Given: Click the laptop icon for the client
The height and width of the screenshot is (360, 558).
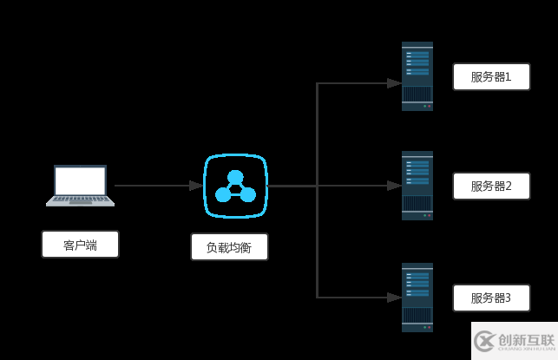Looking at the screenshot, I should pyautogui.click(x=81, y=185).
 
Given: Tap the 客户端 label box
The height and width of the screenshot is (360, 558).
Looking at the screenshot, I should pyautogui.click(x=80, y=245).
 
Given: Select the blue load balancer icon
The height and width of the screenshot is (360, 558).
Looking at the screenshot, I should pyautogui.click(x=235, y=186).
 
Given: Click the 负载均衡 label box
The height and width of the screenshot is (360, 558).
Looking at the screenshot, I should pyautogui.click(x=230, y=247).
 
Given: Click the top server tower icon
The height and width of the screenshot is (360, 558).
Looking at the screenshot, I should pyautogui.click(x=417, y=76).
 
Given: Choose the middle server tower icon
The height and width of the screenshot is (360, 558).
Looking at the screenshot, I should pyautogui.click(x=417, y=186).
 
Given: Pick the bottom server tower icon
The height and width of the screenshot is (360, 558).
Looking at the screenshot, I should pyautogui.click(x=417, y=297).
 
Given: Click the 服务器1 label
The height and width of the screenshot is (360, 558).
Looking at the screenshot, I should pyautogui.click(x=491, y=76).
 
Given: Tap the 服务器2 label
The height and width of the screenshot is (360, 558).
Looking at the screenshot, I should pyautogui.click(x=491, y=186).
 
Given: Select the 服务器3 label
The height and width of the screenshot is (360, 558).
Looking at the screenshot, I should pyautogui.click(x=491, y=298).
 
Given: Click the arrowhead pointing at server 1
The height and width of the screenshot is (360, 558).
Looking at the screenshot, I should pyautogui.click(x=394, y=83).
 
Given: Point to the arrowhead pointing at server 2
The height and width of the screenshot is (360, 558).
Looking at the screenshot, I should pyautogui.click(x=394, y=186).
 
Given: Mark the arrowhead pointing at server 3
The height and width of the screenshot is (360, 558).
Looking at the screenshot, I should pyautogui.click(x=394, y=298).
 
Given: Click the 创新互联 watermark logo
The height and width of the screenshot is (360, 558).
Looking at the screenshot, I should pyautogui.click(x=514, y=340).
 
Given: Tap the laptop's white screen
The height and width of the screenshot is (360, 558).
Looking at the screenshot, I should pyautogui.click(x=81, y=180).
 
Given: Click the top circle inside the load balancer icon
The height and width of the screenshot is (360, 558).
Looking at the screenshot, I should pyautogui.click(x=235, y=177).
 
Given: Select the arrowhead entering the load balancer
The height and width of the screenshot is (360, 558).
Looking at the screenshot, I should pyautogui.click(x=196, y=186).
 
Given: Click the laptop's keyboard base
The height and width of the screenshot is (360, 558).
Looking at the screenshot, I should pyautogui.click(x=81, y=201).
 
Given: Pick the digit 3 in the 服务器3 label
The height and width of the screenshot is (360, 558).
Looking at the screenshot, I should pyautogui.click(x=508, y=298).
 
